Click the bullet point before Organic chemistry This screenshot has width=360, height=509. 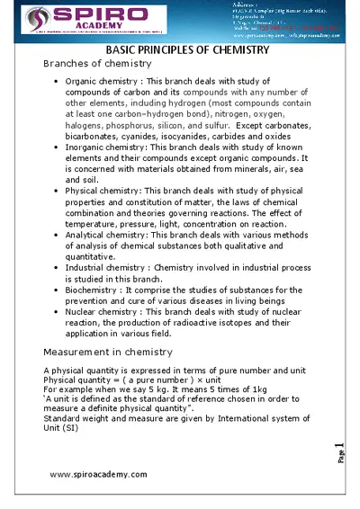tap(58, 81)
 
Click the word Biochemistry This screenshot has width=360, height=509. tap(94, 290)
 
